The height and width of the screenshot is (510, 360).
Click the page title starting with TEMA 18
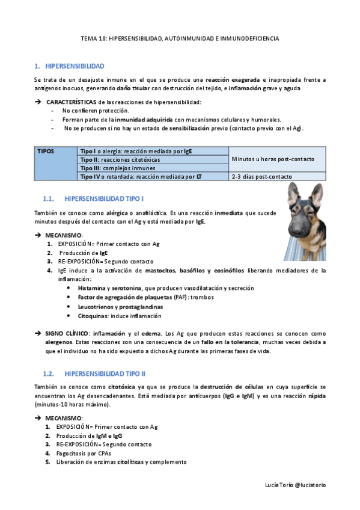180,38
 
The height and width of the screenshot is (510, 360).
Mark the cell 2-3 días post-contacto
262,177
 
